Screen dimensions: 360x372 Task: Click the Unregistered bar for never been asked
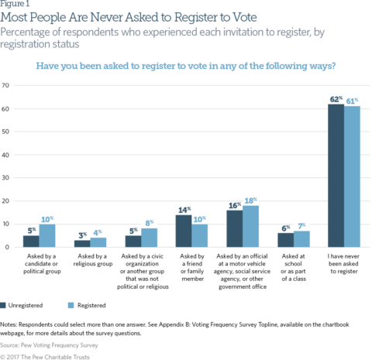tap(336, 176)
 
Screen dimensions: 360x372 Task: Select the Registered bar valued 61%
tap(352, 177)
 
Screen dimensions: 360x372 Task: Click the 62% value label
tap(336, 98)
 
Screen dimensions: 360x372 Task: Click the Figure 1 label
tap(17, 4)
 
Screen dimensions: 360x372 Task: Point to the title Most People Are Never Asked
tap(116, 16)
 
